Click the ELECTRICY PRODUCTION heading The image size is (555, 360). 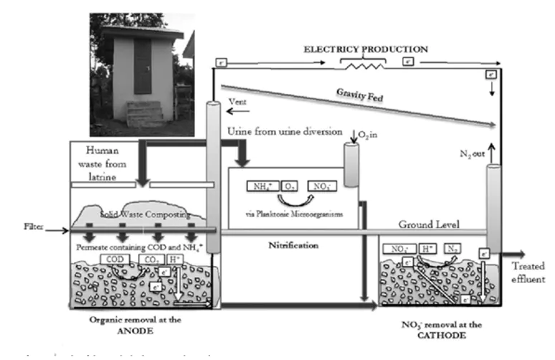click(x=366, y=49)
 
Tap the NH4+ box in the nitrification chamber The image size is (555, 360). click(x=257, y=187)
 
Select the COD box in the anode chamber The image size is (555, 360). click(x=114, y=259)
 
